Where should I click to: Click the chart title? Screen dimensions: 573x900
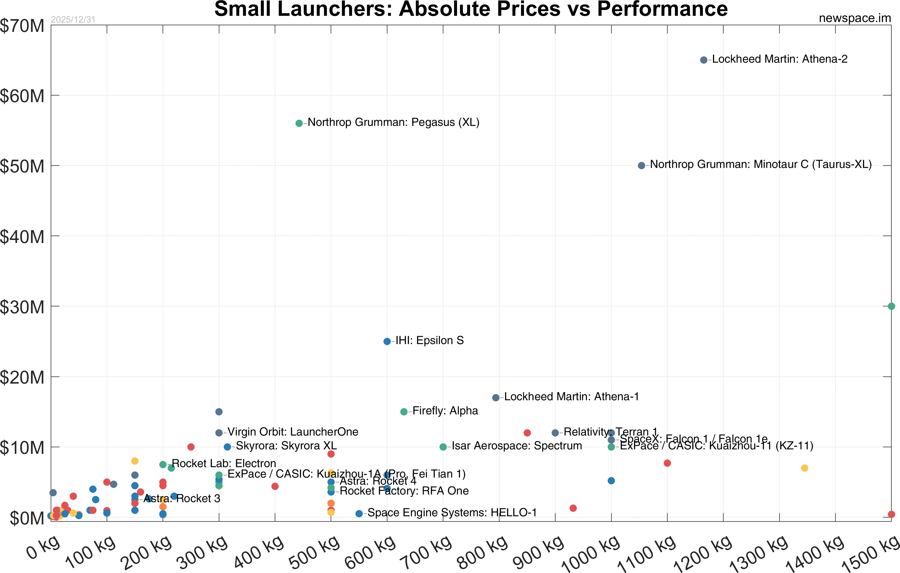471,9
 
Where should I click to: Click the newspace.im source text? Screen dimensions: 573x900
855,18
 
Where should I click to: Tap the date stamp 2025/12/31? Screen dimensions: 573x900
73,19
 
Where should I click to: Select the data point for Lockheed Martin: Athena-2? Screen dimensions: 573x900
703,60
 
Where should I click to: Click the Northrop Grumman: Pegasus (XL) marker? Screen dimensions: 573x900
299,123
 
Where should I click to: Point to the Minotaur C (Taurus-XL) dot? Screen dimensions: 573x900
641,165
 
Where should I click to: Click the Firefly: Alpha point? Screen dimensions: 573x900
404,412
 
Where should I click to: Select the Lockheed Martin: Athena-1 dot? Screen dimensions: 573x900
495,398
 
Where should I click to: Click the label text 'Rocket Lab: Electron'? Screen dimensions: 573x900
223,463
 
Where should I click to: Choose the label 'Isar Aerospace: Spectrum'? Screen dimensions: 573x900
517,446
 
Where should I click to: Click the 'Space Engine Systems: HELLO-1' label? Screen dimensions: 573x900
452,513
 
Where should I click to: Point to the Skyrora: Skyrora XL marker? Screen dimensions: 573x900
227,447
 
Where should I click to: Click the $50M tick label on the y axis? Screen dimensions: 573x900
22,167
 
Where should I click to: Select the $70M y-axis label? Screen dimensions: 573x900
22,26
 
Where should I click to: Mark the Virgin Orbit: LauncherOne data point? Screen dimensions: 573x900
219,433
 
